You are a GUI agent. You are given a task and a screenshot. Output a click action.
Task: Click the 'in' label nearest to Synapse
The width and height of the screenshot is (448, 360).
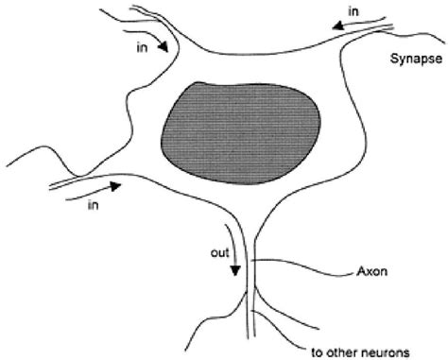point(353,11)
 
